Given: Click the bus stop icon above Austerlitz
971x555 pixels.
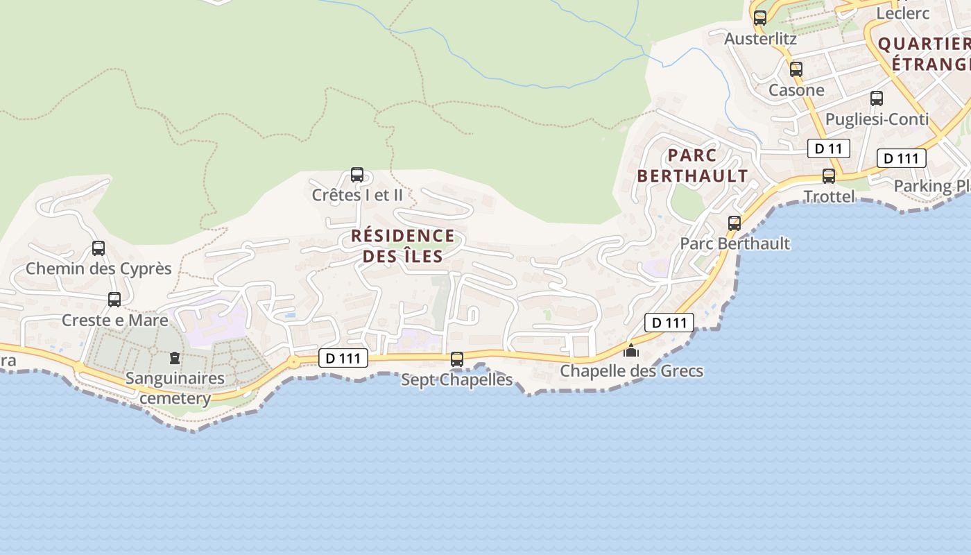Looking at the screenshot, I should (760, 18).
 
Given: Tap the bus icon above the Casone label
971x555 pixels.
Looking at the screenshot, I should (796, 69).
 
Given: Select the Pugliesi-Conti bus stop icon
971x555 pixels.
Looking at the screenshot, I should (877, 99).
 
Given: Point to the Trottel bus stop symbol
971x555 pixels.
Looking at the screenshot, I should (829, 176).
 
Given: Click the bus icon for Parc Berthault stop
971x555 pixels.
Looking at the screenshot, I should (734, 223).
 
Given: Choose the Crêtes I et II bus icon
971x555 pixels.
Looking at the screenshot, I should (357, 175).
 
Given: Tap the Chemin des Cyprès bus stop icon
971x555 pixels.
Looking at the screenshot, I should (98, 248).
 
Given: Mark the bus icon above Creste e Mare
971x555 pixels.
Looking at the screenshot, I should (114, 300).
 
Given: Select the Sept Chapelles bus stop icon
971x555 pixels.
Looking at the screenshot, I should (457, 359).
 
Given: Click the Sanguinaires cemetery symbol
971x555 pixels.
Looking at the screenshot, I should (174, 359).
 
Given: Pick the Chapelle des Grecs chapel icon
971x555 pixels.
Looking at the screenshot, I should (631, 351).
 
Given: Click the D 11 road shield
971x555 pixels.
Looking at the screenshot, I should (828, 148).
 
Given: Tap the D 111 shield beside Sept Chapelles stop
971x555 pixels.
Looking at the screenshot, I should (343, 358).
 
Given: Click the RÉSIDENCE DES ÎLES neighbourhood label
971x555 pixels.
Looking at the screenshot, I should (403, 246).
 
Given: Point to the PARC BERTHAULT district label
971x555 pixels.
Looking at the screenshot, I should (692, 165).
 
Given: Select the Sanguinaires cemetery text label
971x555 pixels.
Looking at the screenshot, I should (175, 388).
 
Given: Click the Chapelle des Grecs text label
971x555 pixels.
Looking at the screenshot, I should (631, 371).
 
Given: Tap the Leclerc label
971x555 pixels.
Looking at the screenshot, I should (902, 13).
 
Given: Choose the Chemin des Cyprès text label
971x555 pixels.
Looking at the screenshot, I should (98, 268).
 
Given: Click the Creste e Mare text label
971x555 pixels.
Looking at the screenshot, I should (114, 320).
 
